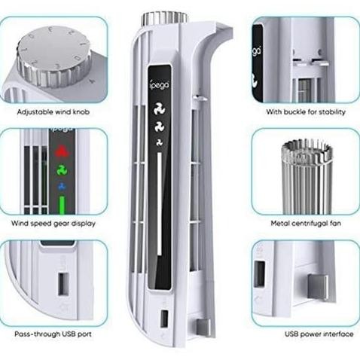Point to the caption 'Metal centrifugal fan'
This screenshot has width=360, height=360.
[306, 224]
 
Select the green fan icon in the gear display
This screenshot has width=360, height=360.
[63, 170]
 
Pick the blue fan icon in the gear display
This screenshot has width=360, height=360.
[63, 185]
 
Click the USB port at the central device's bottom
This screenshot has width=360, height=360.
[163, 319]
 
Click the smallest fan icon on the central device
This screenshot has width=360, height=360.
[157, 142]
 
